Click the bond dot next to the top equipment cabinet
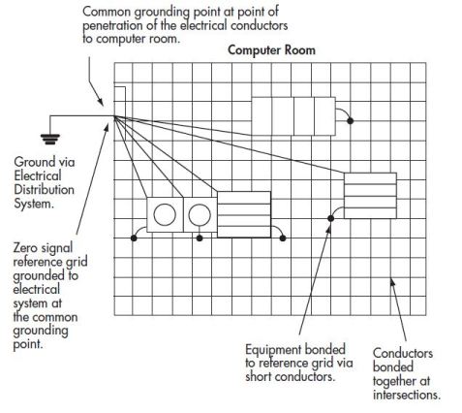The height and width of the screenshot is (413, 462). click(351, 121)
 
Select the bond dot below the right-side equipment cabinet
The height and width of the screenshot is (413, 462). click(329, 219)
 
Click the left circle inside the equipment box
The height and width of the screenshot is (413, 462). click(165, 214)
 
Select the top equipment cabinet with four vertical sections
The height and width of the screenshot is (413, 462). click(293, 114)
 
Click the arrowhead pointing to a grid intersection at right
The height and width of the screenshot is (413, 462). click(390, 283)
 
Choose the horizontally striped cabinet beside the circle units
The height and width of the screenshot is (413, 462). click(244, 214)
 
